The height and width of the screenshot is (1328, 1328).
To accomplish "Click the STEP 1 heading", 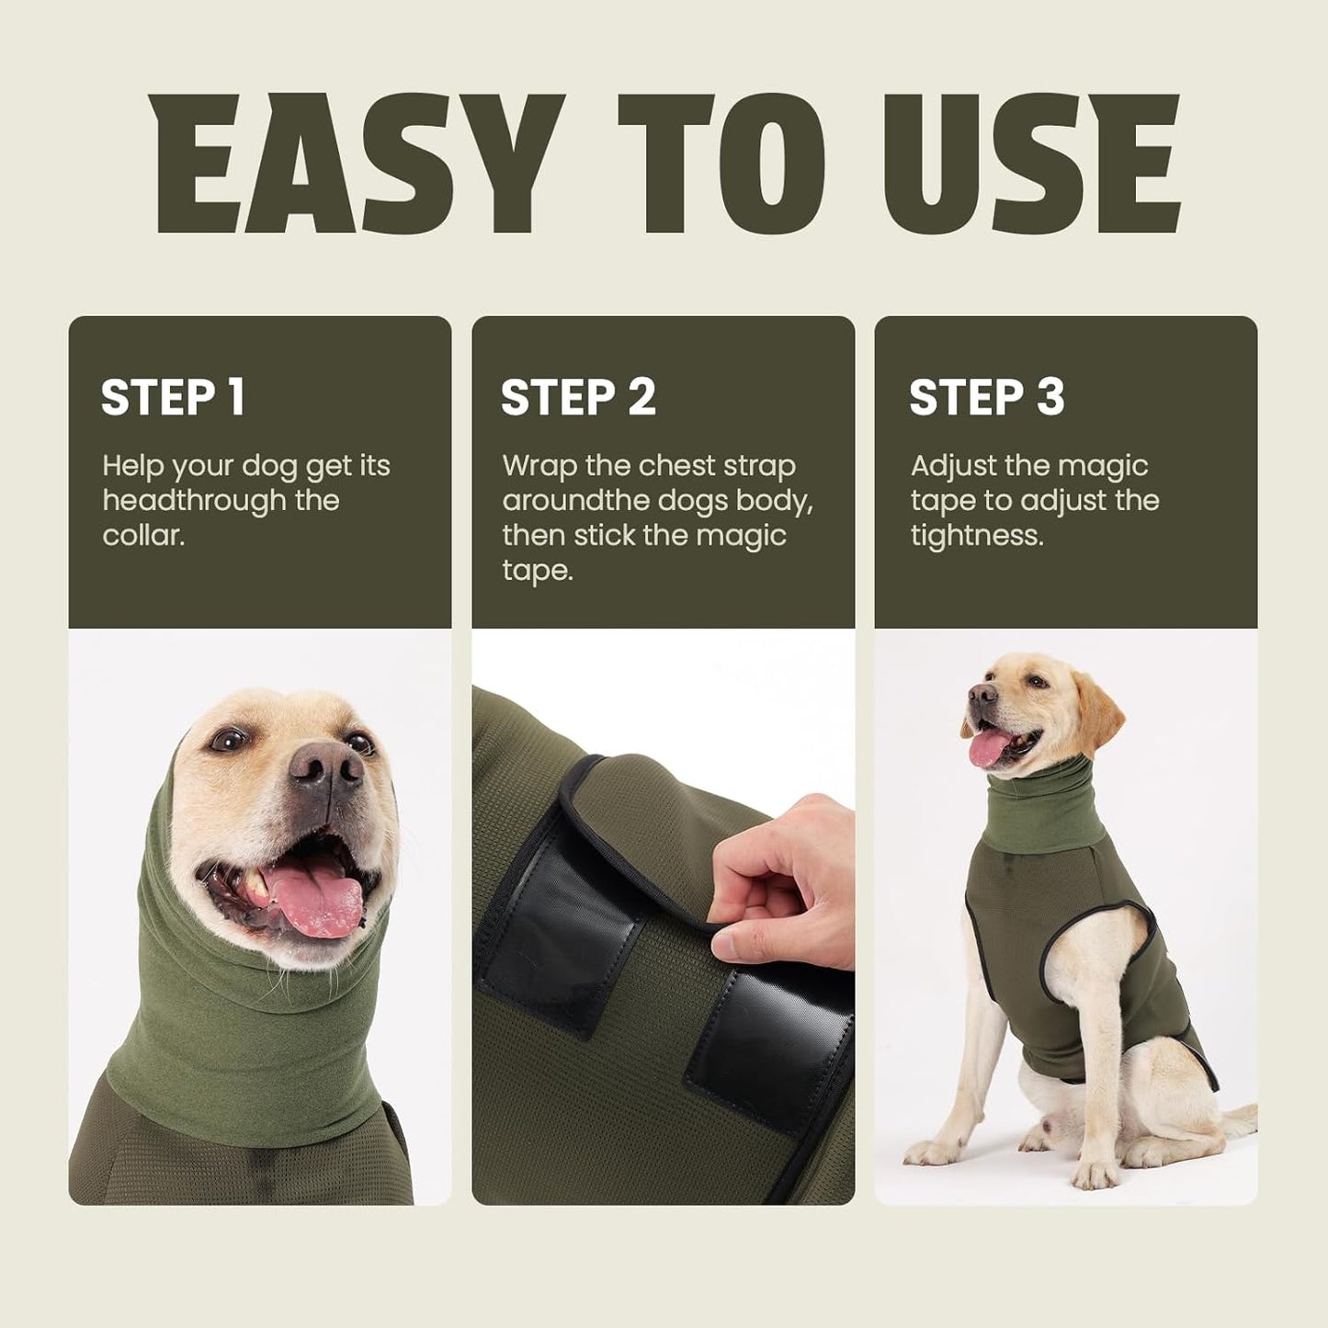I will tap(173, 397).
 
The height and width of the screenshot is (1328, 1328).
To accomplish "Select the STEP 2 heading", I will tap(578, 397).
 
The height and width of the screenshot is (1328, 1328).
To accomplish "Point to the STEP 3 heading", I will tap(986, 397).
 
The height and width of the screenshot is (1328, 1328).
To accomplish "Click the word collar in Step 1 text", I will tap(142, 535).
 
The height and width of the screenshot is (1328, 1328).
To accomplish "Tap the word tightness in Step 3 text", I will tap(976, 535).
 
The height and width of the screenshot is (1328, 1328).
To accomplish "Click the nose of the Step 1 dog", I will tap(325, 765).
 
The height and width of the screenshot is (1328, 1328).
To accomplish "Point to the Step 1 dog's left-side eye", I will tap(227, 738).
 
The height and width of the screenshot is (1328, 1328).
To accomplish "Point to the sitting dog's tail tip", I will tap(1245, 1117).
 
